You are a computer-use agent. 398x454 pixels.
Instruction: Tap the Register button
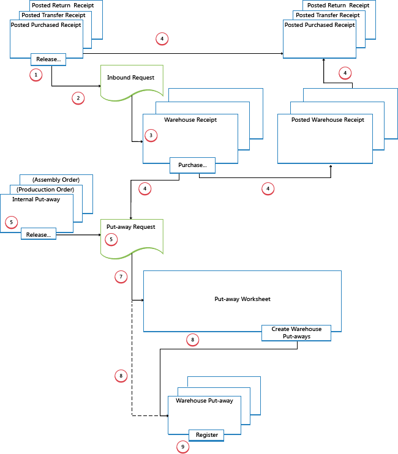coord(206,435)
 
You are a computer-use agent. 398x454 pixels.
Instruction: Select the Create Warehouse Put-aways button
coord(296,333)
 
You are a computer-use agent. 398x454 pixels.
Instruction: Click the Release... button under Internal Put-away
coord(39,234)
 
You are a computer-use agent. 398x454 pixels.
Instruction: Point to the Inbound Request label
coord(126,78)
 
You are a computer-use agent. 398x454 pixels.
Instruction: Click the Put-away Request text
coord(127,226)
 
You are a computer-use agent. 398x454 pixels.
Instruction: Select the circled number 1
coord(36,75)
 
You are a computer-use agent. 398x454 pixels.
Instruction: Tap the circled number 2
coord(77,97)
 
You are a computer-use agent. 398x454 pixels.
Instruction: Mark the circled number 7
coord(121,277)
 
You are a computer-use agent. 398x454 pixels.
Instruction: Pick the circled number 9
coord(182,447)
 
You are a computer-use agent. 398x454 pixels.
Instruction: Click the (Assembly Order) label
coord(56,180)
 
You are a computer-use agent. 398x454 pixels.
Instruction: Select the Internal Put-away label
coord(36,199)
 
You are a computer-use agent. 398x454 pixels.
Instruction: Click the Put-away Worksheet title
coord(242,299)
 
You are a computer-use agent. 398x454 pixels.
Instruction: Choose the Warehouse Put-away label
coord(204,401)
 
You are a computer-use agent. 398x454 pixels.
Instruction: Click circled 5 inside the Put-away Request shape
coord(111,239)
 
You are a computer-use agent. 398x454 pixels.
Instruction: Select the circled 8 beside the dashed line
coord(121,375)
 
